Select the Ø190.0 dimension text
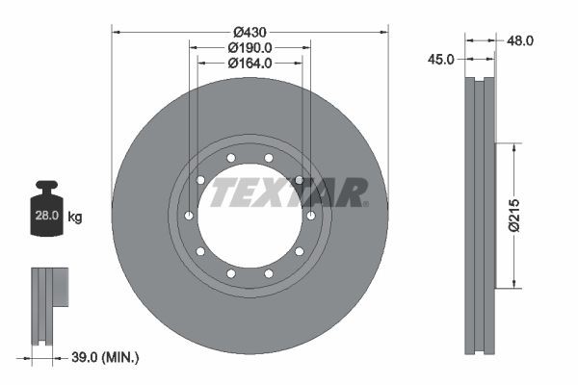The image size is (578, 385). (250, 46)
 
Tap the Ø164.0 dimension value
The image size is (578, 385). (250, 63)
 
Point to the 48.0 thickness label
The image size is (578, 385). (520, 40)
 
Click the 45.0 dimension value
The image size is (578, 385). (440, 59)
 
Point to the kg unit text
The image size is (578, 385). (75, 218)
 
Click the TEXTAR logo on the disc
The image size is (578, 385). (289, 192)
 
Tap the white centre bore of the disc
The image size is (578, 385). (250, 231)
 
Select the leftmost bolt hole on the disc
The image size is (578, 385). (189, 215)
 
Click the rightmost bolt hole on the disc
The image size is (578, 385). (310, 215)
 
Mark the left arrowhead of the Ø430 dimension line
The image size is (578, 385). (117, 32)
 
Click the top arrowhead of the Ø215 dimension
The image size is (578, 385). (514, 147)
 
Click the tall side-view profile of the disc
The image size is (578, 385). (479, 216)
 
